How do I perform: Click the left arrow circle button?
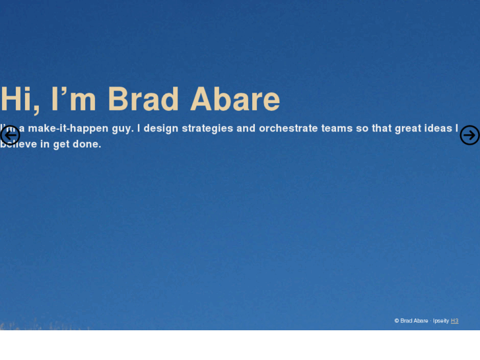tap(10, 135)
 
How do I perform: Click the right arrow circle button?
tap(469, 135)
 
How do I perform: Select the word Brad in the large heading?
tap(143, 99)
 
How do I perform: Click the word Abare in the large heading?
tap(235, 99)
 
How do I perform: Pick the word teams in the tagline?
tap(337, 128)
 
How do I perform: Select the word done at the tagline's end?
tap(86, 144)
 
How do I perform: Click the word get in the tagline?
tap(61, 144)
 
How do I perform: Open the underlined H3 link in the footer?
tap(454, 321)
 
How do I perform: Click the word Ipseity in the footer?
tap(440, 321)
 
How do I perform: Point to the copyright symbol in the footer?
tap(397, 321)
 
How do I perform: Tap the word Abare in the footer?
tap(421, 321)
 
